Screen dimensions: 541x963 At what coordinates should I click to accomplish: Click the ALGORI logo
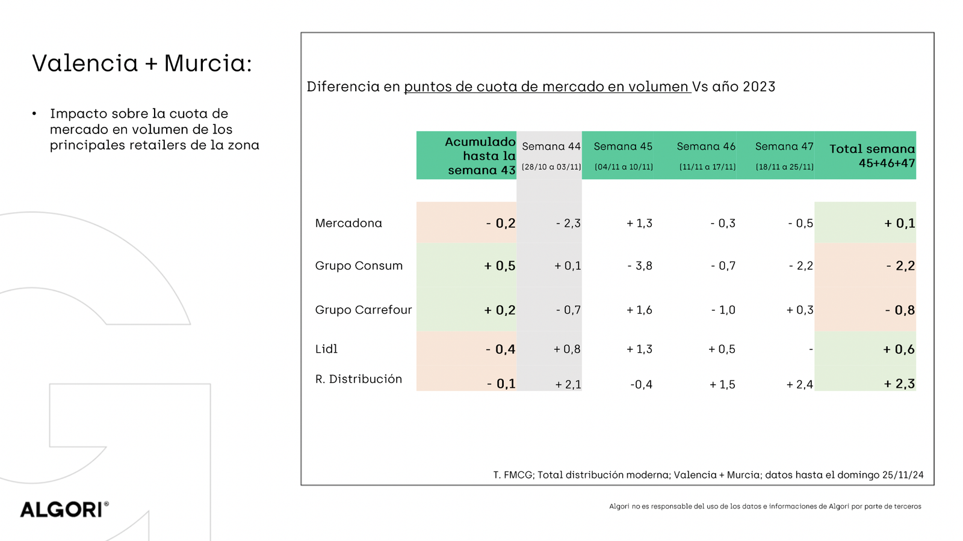64,510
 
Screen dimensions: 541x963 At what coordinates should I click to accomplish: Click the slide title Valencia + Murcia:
142,63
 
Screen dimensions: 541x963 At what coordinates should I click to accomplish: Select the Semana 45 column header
623,147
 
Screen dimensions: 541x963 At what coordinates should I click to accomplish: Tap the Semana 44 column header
551,147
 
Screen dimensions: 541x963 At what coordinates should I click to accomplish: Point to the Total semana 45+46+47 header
872,156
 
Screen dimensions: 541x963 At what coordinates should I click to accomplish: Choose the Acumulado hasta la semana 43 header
481,156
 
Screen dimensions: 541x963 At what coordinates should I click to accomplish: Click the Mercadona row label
348,223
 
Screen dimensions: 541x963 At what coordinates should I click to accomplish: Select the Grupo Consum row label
359,266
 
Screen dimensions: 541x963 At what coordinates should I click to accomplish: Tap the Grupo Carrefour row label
364,310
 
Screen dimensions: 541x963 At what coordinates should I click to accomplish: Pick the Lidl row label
326,349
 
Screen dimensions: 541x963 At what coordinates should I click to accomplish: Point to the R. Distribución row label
359,379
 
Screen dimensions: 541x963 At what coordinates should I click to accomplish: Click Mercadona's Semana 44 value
568,224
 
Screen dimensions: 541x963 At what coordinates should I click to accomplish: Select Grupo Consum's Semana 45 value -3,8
639,266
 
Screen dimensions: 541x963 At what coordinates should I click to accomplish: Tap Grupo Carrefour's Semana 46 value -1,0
723,310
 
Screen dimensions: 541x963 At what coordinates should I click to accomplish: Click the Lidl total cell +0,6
899,349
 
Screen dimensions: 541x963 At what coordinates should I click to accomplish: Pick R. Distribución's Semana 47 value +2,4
799,385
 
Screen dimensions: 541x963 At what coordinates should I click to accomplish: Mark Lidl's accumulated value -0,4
500,349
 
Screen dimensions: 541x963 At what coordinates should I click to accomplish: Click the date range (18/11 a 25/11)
784,167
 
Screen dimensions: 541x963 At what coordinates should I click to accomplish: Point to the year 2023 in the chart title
759,87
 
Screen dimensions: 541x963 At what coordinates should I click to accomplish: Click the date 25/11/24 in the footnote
903,475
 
